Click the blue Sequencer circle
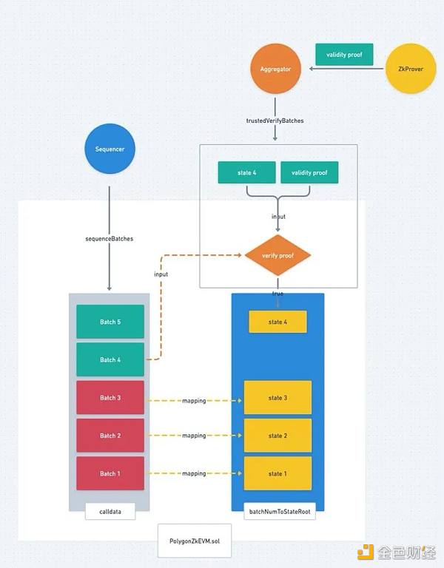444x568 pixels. [110, 149]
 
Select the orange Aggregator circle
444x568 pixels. [275, 69]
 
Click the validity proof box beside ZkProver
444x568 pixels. [344, 54]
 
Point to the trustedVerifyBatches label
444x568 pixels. [275, 121]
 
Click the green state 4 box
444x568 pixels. [246, 173]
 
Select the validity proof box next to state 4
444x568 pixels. [309, 173]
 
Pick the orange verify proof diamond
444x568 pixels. [277, 255]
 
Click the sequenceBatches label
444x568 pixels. [110, 239]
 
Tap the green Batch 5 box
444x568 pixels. [110, 322]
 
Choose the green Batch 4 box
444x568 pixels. [110, 359]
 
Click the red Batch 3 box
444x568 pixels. [110, 398]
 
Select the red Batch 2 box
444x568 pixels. [110, 436]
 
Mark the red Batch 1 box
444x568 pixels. [110, 473]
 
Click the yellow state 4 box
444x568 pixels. [277, 322]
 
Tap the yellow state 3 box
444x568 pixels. [277, 398]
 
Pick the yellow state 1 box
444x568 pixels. [277, 473]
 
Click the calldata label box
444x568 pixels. [110, 511]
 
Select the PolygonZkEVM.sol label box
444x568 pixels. [195, 541]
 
